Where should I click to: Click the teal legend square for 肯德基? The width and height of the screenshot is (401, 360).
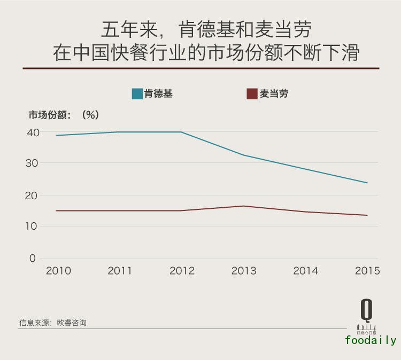[137, 94]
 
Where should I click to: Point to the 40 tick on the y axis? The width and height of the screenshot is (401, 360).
[33, 132]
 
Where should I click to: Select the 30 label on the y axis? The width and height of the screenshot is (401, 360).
[33, 163]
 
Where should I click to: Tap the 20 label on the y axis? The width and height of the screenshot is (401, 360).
[33, 195]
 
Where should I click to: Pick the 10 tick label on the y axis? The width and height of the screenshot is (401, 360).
[33, 226]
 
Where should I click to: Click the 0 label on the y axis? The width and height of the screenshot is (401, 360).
[33, 258]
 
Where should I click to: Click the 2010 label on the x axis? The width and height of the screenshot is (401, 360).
[58, 271]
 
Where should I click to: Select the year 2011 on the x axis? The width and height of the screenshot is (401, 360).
[120, 271]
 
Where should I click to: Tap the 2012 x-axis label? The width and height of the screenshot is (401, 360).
[182, 271]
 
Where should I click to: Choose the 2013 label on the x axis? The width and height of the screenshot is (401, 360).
[244, 271]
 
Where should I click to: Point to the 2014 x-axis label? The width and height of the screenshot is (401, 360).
[306, 271]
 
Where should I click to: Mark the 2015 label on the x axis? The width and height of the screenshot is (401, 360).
[367, 271]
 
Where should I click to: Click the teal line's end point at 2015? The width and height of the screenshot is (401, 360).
[367, 183]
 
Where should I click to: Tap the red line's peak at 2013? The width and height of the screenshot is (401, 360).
[243, 206]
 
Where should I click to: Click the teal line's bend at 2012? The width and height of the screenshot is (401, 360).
[182, 132]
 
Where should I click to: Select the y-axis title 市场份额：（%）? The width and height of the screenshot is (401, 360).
[64, 114]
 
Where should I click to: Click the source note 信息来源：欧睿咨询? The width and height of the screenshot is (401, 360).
[53, 323]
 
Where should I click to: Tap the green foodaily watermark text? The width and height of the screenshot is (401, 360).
[371, 340]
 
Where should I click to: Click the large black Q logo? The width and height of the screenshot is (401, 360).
[366, 310]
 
